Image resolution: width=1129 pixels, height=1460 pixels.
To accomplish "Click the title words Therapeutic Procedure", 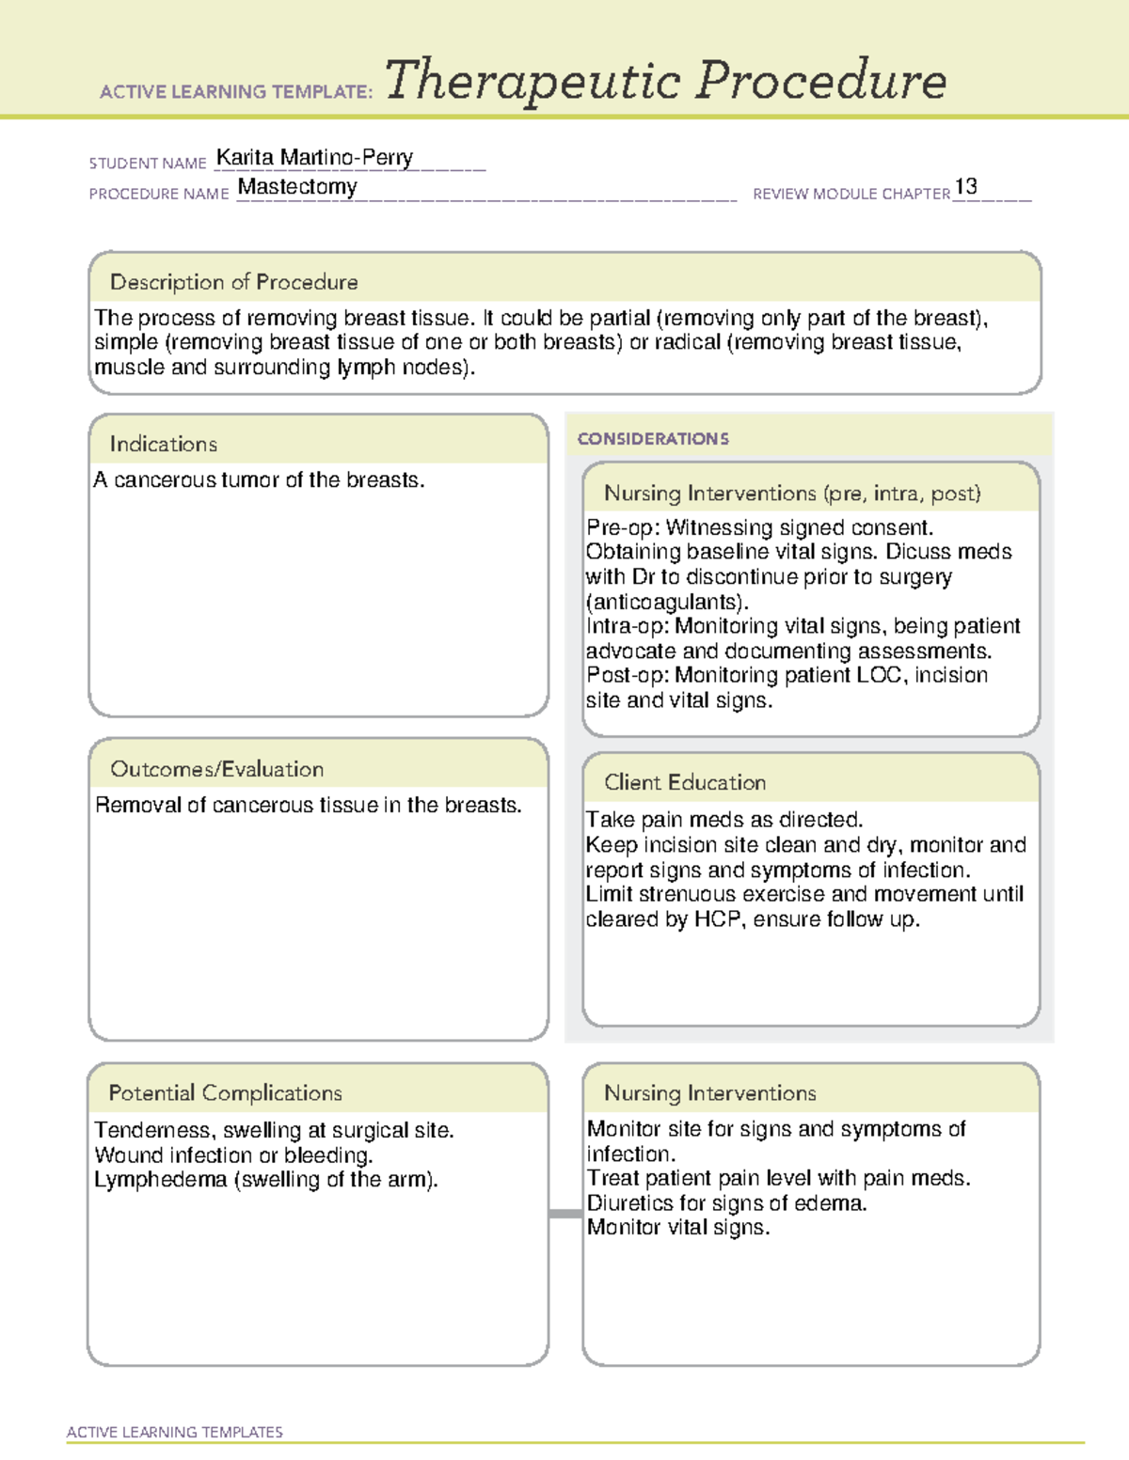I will [665, 81].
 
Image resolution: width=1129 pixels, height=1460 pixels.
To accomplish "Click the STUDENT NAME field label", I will [148, 164].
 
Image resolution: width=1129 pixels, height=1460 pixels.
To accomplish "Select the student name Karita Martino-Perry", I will [314, 158].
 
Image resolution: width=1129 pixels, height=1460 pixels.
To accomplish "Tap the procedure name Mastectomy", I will [297, 187].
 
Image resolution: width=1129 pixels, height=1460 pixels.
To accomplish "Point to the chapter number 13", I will [965, 187].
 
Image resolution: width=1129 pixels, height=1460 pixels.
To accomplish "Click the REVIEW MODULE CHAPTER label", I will [851, 194].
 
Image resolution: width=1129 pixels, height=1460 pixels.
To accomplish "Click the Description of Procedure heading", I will [233, 282].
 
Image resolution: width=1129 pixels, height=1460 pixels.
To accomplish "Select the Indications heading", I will [163, 444].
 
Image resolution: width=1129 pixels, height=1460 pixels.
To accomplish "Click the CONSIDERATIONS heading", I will [653, 439].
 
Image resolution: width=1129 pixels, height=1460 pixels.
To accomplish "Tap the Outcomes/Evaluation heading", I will [216, 769].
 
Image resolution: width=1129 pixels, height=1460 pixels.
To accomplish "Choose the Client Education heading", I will [684, 782].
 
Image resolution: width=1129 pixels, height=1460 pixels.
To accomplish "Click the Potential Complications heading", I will [225, 1092].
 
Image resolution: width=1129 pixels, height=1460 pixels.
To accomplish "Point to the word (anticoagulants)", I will [667, 602].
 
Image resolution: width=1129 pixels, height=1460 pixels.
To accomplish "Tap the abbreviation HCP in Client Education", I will [717, 919].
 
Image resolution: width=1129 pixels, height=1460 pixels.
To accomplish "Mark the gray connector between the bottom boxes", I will [565, 1214].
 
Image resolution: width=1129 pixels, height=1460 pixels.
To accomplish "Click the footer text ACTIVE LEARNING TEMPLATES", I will [174, 1432].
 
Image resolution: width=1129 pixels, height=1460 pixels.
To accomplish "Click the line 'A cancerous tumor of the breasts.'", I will [260, 480].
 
